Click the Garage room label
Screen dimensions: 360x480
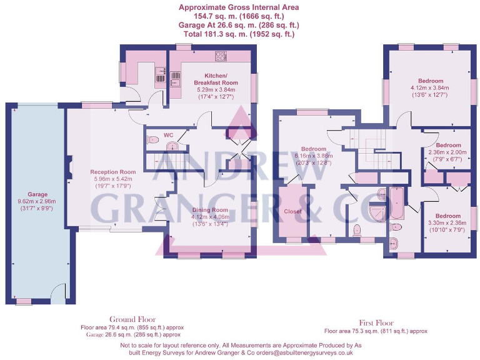pyautogui.click(x=37, y=194)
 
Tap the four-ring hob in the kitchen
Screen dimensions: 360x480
pyautogui.click(x=221, y=56)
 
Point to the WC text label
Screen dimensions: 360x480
pyautogui.click(x=168, y=135)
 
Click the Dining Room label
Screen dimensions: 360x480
pyautogui.click(x=211, y=210)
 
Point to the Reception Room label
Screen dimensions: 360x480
pyautogui.click(x=113, y=172)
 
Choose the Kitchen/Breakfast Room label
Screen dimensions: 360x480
pyautogui.click(x=216, y=79)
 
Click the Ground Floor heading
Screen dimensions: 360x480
pyautogui.click(x=132, y=319)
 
